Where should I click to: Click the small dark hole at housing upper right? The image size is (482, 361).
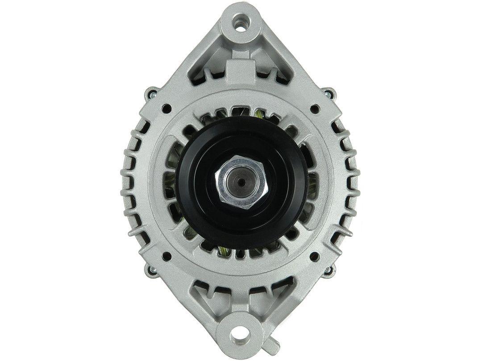click(316, 107)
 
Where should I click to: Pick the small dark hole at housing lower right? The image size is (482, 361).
click(316, 255)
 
